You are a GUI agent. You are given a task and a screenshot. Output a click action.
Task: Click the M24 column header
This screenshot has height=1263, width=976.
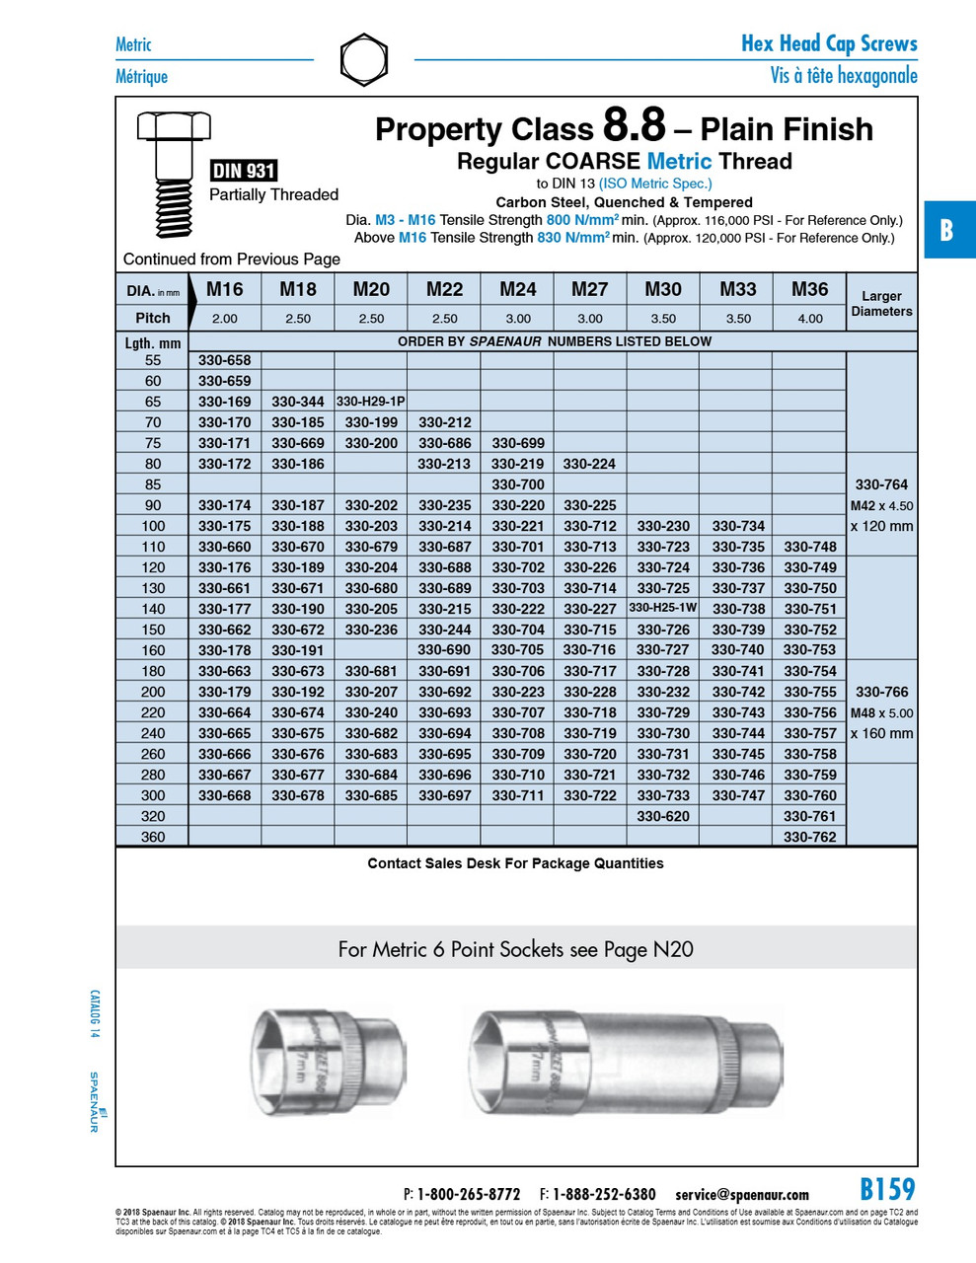517,289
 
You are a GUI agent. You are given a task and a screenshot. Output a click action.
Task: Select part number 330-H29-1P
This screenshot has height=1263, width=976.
370,402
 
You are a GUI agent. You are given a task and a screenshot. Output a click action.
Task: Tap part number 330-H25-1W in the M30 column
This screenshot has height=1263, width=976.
662,608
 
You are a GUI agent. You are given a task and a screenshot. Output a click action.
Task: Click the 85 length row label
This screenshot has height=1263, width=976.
152,484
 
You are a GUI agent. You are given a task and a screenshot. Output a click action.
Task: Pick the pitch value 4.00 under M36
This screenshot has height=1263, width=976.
809,319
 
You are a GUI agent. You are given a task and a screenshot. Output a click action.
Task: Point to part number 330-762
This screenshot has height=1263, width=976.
809,837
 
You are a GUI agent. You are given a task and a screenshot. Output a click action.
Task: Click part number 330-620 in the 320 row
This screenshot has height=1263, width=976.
662,816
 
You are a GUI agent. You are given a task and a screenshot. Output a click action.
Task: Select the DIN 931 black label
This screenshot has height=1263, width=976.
243,171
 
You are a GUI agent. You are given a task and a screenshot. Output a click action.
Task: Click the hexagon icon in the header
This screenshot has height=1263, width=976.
363,60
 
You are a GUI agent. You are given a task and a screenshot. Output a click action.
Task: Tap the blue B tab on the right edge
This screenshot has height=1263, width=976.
947,230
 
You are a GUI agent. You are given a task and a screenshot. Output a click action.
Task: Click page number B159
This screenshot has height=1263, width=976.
887,1189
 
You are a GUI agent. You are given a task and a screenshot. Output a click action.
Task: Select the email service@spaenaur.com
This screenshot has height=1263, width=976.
741,1194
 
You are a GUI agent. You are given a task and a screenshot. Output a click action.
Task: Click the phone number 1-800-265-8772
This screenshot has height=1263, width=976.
468,1194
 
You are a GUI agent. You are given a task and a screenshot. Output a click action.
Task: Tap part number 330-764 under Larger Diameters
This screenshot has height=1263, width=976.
881,484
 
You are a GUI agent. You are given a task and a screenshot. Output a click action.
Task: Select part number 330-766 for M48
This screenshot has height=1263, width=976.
881,692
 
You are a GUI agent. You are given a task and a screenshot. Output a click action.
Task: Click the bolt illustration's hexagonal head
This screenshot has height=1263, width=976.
174,126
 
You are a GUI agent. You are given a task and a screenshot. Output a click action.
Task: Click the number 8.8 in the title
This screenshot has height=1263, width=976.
634,127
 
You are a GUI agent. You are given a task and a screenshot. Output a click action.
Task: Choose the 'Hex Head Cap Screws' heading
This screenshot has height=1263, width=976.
829,43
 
